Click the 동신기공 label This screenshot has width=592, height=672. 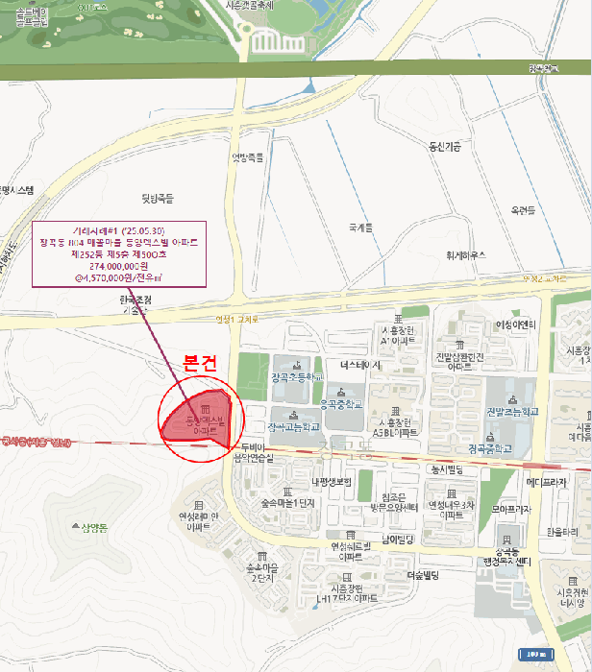click(445, 147)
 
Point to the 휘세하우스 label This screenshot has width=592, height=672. click(465, 255)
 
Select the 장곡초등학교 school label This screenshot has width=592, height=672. click(293, 376)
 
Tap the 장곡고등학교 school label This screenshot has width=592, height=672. click(292, 426)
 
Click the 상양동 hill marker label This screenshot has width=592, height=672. click(96, 526)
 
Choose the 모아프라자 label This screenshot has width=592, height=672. click(512, 510)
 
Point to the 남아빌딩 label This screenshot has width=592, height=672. click(397, 540)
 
